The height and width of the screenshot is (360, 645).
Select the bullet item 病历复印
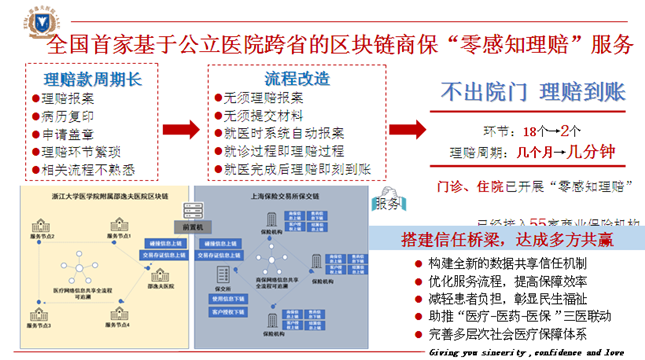(71, 117)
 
